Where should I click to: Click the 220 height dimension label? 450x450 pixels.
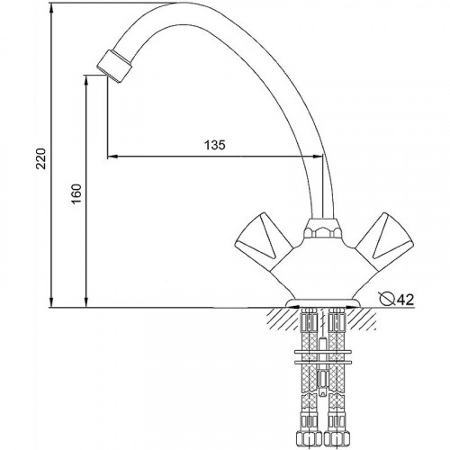click(x=41, y=158)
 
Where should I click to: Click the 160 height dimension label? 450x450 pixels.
click(x=76, y=193)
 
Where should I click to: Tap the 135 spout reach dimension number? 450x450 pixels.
click(x=215, y=145)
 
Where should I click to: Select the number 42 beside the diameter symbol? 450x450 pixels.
click(x=405, y=299)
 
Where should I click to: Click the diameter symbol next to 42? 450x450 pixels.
click(x=387, y=299)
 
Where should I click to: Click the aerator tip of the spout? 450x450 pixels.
click(x=114, y=66)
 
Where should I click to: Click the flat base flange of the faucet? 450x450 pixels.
click(x=323, y=303)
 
